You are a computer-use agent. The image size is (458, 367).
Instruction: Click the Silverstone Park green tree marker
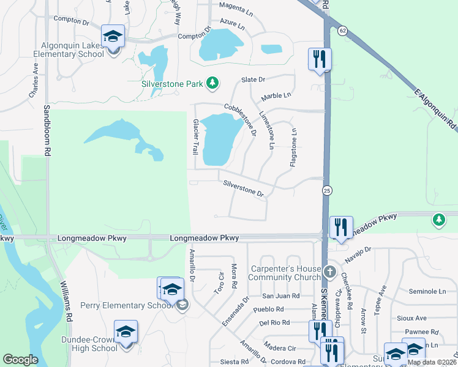pyautogui.click(x=212, y=83)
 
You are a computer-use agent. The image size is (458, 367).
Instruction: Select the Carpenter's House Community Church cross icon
pyautogui.click(x=329, y=271)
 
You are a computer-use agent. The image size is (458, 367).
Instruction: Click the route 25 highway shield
pyautogui.click(x=328, y=190)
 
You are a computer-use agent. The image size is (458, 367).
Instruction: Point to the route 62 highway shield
pyautogui.click(x=341, y=29)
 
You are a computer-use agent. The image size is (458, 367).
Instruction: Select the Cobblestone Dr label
pyautogui.click(x=239, y=116)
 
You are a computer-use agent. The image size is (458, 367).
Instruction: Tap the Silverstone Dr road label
pyautogui.click(x=244, y=188)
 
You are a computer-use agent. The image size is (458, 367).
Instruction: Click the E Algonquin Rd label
pyautogui.click(x=435, y=109)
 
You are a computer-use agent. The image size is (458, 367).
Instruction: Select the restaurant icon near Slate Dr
pyautogui.click(x=319, y=59)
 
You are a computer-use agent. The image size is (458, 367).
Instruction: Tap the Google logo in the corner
pyautogui.click(x=21, y=360)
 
